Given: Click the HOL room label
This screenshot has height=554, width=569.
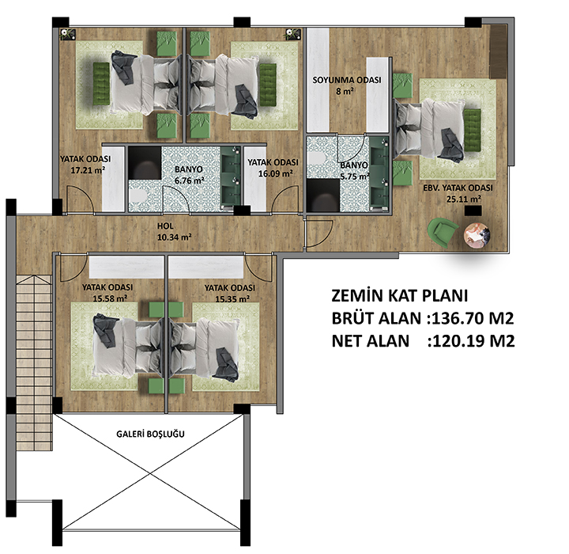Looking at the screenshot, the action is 165,226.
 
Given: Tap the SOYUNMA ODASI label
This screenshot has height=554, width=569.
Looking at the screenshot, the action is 347,80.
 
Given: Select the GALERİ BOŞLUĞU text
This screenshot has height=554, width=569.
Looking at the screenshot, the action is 150,434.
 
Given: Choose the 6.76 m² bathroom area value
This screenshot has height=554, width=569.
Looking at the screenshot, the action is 189,180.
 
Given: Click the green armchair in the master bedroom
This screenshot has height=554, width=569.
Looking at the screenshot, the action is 443,232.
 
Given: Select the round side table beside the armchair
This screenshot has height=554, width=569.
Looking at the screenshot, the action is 477,235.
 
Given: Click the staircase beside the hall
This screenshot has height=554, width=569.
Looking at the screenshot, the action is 35,362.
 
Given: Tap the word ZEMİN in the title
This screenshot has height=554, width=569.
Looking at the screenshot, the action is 357,296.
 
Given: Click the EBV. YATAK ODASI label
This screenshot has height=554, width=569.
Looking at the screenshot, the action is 458,188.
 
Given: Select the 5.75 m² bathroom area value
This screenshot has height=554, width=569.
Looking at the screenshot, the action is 355,177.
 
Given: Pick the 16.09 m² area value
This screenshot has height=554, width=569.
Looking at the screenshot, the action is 276,174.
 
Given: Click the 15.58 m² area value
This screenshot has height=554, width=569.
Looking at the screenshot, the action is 110,298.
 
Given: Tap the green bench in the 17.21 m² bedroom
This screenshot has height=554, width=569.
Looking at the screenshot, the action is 101,84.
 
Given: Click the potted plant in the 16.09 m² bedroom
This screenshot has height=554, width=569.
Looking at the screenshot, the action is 293,34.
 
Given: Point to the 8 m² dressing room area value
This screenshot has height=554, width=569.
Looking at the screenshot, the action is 345,92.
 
